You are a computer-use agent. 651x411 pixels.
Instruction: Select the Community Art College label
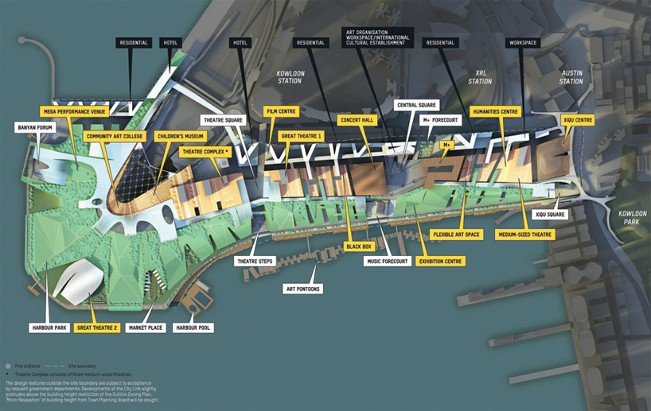pyautogui.click(x=113, y=136)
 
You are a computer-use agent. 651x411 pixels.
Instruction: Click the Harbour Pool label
pyautogui.click(x=194, y=327)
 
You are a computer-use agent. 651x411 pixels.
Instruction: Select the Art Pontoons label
pyautogui.click(x=302, y=289)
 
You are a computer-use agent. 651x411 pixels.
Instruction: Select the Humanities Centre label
pyautogui.click(x=495, y=112)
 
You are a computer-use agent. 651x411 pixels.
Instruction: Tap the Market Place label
pyautogui.click(x=146, y=327)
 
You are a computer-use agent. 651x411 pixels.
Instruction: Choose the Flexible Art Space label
pyautogui.click(x=456, y=235)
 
